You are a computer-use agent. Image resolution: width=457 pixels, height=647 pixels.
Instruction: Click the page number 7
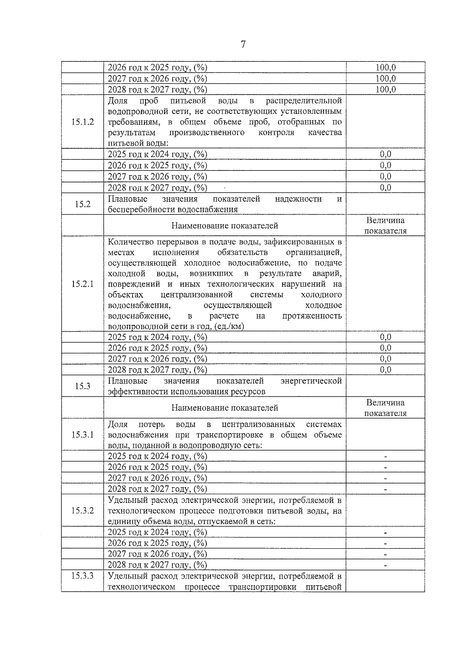[243, 45]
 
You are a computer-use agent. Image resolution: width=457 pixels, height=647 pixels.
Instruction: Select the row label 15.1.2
[82, 122]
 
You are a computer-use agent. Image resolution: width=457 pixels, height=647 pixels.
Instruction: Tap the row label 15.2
[82, 204]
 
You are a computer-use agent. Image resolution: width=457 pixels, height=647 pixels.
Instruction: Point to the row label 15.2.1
[82, 284]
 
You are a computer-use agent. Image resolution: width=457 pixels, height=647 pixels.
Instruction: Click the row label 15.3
[82, 386]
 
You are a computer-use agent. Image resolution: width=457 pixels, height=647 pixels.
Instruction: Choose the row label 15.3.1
[82, 435]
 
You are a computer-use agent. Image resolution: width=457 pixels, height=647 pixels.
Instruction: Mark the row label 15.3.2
[82, 511]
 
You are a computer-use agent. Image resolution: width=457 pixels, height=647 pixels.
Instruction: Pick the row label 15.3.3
[82, 576]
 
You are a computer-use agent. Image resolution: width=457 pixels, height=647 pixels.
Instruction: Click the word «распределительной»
[304, 101]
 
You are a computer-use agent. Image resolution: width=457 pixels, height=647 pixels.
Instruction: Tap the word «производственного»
[207, 133]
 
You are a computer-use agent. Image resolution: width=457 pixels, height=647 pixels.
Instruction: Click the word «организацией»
[314, 252]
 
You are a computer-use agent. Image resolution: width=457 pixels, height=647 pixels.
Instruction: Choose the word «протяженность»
[312, 316]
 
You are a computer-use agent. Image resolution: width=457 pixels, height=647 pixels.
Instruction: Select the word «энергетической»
[311, 381]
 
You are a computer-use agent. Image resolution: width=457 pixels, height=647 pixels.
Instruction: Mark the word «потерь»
[152, 424]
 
